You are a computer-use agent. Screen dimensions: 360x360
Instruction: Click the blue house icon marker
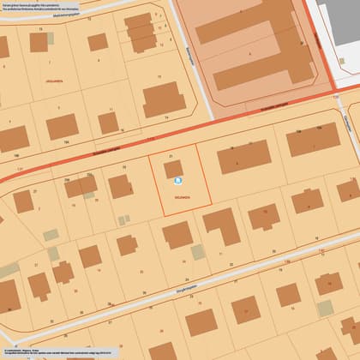[x=178, y=181]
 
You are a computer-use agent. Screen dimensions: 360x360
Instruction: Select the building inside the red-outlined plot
[x=174, y=169]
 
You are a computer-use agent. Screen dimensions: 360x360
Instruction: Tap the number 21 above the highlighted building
[x=171, y=155]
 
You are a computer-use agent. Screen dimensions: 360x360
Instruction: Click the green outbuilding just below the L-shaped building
[x=199, y=251]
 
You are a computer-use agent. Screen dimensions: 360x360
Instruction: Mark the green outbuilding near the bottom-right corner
[x=326, y=308]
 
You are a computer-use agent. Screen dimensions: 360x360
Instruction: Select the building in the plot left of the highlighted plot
[x=120, y=186]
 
